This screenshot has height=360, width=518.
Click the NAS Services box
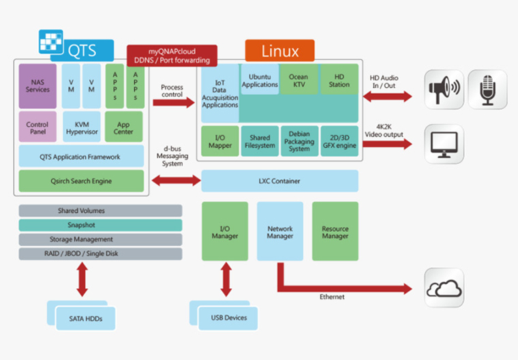tap(37, 86)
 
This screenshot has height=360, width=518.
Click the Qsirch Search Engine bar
tap(81, 181)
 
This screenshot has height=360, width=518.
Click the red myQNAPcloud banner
tap(172, 55)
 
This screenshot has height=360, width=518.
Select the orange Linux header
tap(280, 50)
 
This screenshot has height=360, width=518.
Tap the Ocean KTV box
tap(299, 79)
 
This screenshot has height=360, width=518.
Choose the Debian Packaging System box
tap(300, 141)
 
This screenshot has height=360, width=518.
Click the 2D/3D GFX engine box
tap(339, 141)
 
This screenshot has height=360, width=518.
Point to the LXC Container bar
tap(280, 181)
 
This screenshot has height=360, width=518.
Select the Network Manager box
tap(280, 231)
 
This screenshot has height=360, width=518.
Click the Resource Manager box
tap(335, 231)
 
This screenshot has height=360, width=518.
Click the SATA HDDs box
tap(86, 318)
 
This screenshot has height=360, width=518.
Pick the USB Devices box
tap(228, 318)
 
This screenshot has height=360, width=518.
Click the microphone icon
tap(487, 89)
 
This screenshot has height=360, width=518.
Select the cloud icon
tap(444, 288)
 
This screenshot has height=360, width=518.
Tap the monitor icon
tap(444, 144)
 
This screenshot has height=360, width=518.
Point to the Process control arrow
tap(174, 102)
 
